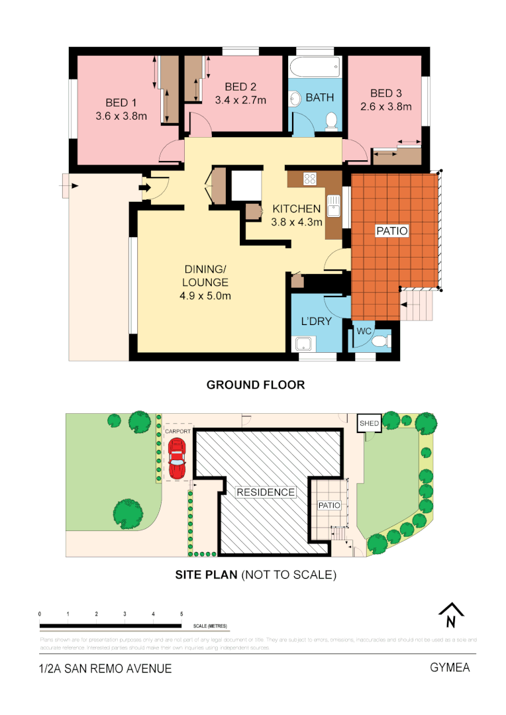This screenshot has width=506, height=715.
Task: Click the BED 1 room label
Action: tap(121, 103)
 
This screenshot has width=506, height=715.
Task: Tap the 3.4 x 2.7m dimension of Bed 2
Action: tap(240, 101)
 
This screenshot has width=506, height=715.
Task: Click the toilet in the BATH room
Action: tap(332, 120)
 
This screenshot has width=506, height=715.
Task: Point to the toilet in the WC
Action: tap(379, 341)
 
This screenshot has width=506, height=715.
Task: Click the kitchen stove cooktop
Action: tap(310, 177)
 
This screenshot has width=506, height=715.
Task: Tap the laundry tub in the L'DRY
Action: tap(304, 344)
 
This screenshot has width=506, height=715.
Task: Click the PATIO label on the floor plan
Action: tap(392, 231)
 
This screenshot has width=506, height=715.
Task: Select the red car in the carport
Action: tap(176, 458)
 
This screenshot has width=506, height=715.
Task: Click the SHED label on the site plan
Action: tap(369, 423)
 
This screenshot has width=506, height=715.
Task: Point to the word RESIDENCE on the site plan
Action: tap(266, 492)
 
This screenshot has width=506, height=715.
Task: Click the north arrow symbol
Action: tap(450, 616)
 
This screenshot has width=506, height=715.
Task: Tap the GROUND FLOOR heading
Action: tap(256, 385)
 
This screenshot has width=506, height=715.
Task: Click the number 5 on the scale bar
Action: tap(181, 614)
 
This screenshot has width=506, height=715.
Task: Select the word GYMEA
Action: tap(450, 667)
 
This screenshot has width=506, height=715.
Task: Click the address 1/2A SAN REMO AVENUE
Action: tap(105, 669)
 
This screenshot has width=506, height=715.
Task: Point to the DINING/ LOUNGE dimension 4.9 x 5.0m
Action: tap(205, 295)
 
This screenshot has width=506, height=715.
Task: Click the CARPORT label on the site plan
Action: tap(177, 431)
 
